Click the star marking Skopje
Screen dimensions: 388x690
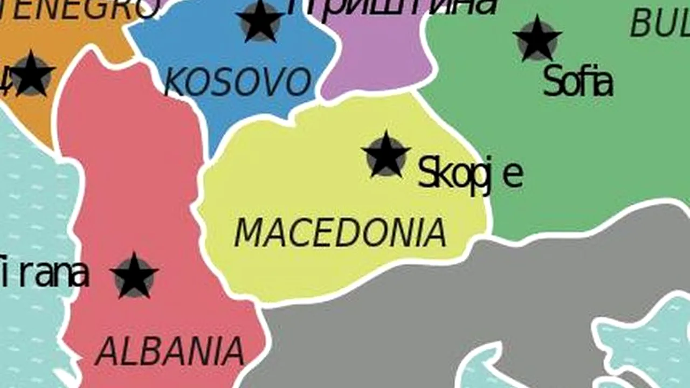coord(385,155)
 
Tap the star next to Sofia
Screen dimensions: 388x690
coord(537,39)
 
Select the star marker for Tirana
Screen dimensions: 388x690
coord(134,276)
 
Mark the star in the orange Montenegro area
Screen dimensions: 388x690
coord(31,74)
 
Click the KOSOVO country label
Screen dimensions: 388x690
coord(237,82)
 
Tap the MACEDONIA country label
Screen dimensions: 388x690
coord(340,233)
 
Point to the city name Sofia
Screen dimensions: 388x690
coord(577,82)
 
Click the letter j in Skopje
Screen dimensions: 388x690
coord(488,175)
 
